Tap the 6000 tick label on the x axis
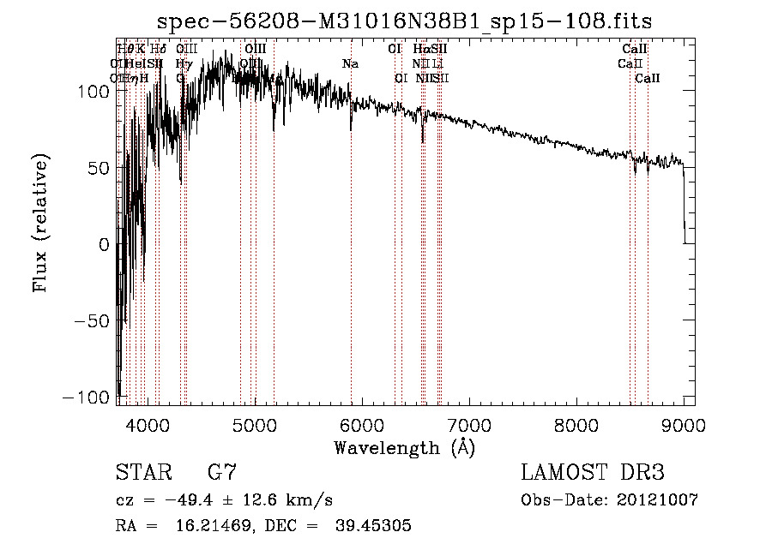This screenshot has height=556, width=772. pyautogui.click(x=361, y=424)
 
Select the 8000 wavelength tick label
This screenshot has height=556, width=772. pyautogui.click(x=576, y=424)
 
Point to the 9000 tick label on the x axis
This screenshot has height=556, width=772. pyautogui.click(x=683, y=424)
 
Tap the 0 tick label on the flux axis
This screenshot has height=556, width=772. pyautogui.click(x=104, y=245)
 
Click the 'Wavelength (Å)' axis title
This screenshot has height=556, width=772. pyautogui.click(x=404, y=446)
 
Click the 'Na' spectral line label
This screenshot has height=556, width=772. pyautogui.click(x=350, y=63)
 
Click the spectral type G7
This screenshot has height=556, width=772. pyautogui.click(x=222, y=473)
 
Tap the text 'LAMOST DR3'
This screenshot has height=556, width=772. pyautogui.click(x=593, y=473)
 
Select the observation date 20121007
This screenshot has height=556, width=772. pyautogui.click(x=660, y=500)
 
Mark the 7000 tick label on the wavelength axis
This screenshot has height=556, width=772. pyautogui.click(x=468, y=424)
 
